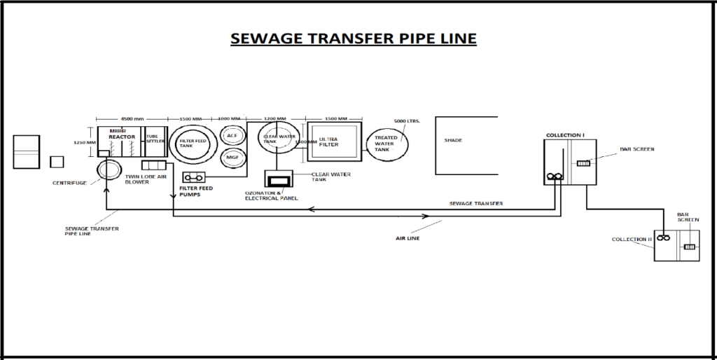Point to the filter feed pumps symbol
pyautogui.click(x=193, y=177)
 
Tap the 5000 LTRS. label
pyautogui.click(x=406, y=121)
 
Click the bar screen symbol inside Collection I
pyautogui.click(x=583, y=164)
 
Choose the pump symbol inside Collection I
pyautogui.click(x=555, y=177)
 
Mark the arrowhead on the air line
pyautogui.click(x=424, y=216)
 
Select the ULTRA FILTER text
pyautogui.click(x=328, y=141)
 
